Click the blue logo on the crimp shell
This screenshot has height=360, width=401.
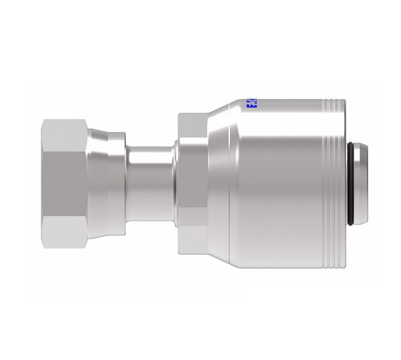pos(250,106)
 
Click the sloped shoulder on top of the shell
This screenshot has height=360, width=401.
pos(225,114)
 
